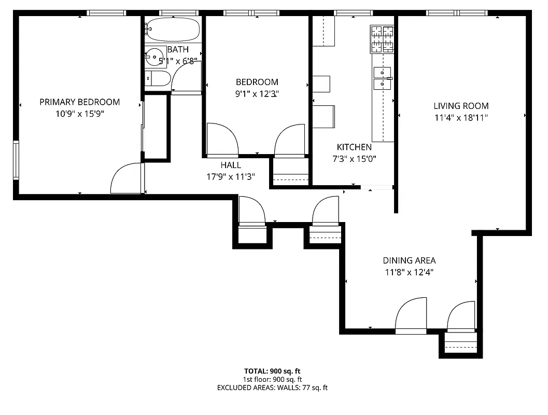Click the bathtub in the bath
click(x=173, y=30)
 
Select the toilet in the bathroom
click(x=159, y=79)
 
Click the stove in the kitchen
click(x=383, y=39)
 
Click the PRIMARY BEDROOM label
click(x=80, y=102)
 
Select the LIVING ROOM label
click(x=461, y=106)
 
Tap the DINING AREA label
click(x=409, y=260)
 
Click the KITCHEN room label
click(x=354, y=147)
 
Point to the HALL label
click(x=231, y=165)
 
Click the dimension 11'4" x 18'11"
click(x=461, y=118)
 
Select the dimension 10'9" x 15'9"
click(x=80, y=114)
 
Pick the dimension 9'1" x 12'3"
click(x=257, y=94)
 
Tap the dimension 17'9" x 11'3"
click(x=231, y=176)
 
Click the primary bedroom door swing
click(x=126, y=179)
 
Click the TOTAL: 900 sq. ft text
click(x=272, y=371)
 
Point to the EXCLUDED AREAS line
click(x=272, y=388)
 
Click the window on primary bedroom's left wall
click(x=16, y=160)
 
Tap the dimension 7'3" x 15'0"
click(x=354, y=159)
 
